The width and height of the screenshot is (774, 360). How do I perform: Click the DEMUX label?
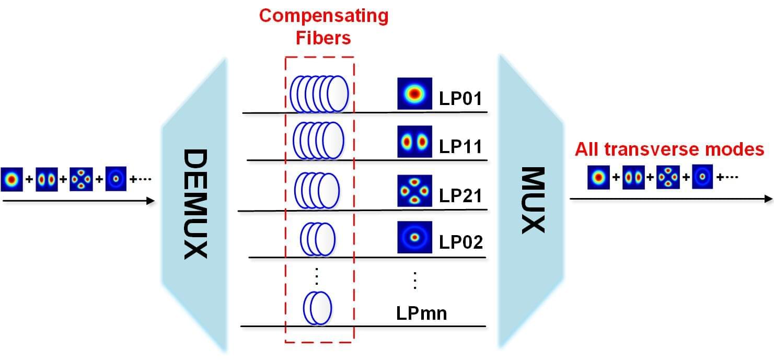click(x=196, y=204)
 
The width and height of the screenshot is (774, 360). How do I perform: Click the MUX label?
click(x=533, y=200)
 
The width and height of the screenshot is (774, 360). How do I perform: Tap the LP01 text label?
click(x=460, y=98)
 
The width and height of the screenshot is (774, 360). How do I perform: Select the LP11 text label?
click(x=460, y=146)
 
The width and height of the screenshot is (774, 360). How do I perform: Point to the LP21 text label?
click(x=460, y=196)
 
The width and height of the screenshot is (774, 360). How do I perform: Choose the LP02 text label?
click(x=460, y=243)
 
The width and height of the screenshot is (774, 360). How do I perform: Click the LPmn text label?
click(x=421, y=313)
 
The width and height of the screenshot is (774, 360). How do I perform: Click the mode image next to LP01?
click(x=414, y=94)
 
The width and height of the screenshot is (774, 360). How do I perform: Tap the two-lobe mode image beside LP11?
click(x=414, y=142)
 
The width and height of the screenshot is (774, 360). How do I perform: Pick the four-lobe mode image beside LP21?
click(x=414, y=192)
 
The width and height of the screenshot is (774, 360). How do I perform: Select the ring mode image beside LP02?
click(x=414, y=238)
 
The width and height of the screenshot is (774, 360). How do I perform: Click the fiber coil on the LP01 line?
click(x=319, y=94)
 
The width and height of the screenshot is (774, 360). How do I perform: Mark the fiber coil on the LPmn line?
click(x=317, y=307)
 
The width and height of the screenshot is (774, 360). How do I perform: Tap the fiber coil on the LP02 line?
click(x=317, y=239)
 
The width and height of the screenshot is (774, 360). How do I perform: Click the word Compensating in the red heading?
click(x=324, y=16)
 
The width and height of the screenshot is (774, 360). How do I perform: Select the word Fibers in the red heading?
click(x=324, y=38)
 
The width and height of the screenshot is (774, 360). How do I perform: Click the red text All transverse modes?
click(x=669, y=150)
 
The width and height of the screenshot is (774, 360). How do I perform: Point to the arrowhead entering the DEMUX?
click(x=151, y=201)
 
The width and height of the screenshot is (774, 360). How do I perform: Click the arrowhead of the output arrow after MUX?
click(x=768, y=199)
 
